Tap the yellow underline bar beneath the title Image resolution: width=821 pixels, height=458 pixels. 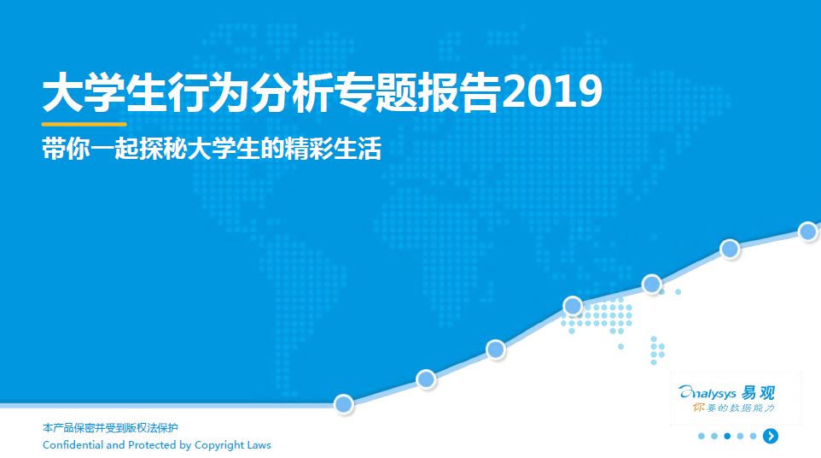[x=84, y=124]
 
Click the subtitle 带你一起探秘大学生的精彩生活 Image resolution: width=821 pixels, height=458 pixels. [x=212, y=149]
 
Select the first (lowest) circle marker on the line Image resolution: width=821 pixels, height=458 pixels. [x=343, y=404]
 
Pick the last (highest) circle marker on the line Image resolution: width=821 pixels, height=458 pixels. [x=808, y=231]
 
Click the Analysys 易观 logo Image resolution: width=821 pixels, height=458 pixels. [x=727, y=392]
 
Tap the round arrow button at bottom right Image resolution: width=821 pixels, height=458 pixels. [x=770, y=436]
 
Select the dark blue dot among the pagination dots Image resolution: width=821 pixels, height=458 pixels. [x=727, y=436]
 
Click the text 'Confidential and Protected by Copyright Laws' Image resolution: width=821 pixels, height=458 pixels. [x=156, y=445]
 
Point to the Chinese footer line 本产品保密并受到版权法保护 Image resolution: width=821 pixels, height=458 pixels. [x=110, y=427]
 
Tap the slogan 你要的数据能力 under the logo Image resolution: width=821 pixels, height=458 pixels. [x=733, y=408]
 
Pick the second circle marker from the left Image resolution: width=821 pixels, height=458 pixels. [x=426, y=379]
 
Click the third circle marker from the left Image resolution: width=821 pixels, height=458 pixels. [x=495, y=349]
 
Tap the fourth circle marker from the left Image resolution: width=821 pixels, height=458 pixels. [x=573, y=306]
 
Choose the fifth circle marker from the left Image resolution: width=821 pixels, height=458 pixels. [x=652, y=284]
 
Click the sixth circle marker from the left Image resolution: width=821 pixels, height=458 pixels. [x=730, y=249]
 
